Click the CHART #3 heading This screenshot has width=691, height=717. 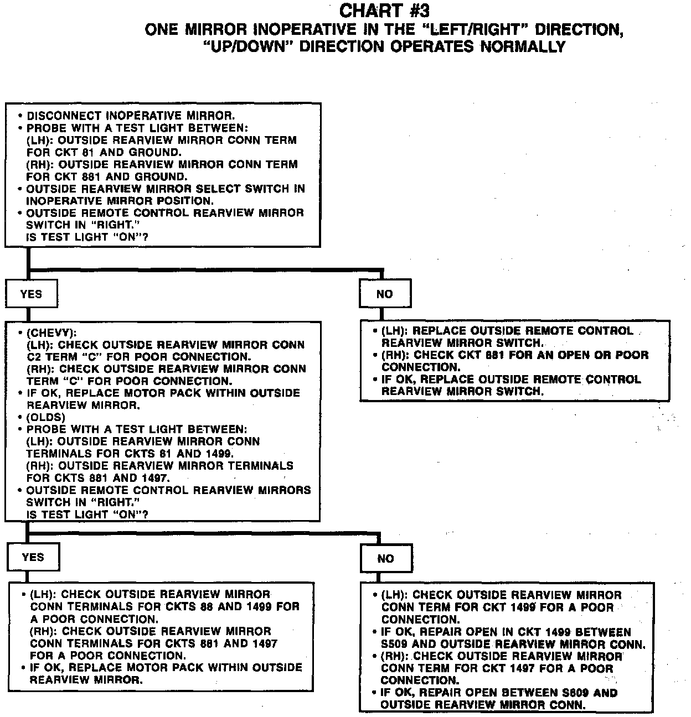[384, 11]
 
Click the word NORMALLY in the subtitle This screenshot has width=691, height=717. [523, 46]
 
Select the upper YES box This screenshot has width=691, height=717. [31, 294]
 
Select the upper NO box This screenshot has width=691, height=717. [384, 294]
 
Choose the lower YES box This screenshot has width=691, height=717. [33, 558]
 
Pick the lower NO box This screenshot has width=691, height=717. [385, 559]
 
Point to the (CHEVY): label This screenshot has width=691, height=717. [51, 333]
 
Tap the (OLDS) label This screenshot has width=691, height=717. [46, 417]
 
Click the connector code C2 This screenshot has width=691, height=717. [34, 357]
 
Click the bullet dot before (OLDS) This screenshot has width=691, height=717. [20, 418]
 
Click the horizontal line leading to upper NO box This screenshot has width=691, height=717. [205, 270]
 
